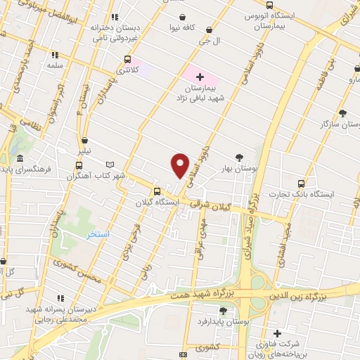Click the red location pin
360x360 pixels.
pos(180,165)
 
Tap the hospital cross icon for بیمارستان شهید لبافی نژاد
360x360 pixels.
pos(200,76)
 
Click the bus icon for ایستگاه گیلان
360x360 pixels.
pos(156,191)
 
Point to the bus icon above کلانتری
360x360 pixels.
pos(127,59)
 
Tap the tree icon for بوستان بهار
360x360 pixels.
pos(240,158)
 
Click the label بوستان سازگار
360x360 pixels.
pos(335,124)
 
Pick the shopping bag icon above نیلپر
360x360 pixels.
pos(85,139)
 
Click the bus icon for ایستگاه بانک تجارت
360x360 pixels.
pos(302,182)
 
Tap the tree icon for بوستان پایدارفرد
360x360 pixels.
pos(223,311)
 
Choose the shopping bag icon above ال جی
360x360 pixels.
pos(208,31)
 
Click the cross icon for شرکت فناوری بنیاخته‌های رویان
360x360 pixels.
pos(278,333)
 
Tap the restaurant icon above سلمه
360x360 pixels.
pos(55,54)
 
